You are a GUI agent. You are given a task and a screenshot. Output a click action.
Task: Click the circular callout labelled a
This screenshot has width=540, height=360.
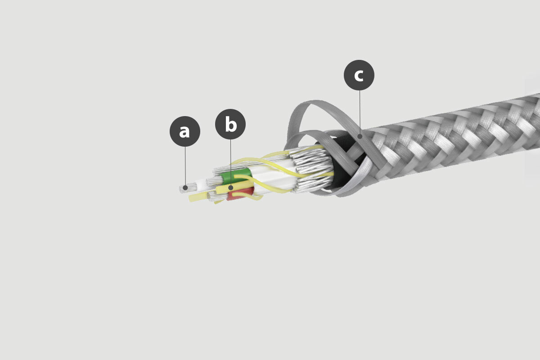tap(185, 131)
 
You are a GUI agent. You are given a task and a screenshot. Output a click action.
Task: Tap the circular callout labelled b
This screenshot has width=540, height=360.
tap(230, 124)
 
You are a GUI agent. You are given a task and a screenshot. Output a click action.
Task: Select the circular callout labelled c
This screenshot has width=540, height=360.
tap(359, 75)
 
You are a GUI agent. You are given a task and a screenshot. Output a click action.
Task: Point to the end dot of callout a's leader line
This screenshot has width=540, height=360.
tap(185, 187)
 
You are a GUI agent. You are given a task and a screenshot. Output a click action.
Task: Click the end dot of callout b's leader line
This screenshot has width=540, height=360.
tap(231, 187)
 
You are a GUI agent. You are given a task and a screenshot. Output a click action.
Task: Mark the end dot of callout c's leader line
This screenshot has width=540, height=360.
tap(360, 136)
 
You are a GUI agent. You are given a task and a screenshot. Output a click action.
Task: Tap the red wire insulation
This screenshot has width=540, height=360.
tap(240, 194)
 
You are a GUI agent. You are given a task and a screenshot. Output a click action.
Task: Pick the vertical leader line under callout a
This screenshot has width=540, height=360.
tap(185, 166)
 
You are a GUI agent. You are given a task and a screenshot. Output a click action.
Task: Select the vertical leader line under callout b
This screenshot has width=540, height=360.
tap(231, 162)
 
